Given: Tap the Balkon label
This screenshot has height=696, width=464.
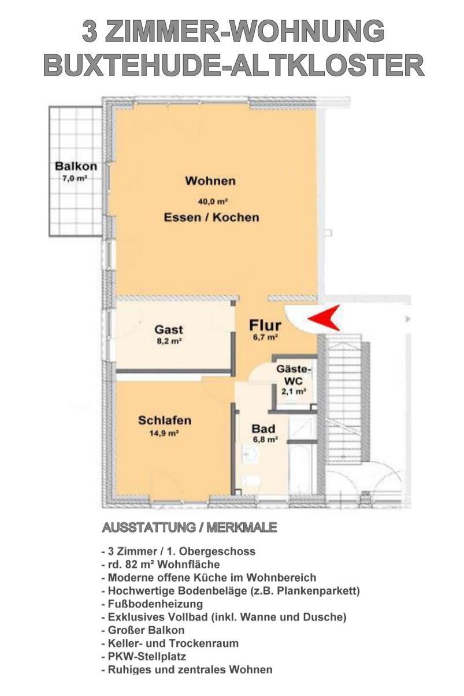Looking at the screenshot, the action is pyautogui.click(x=76, y=166).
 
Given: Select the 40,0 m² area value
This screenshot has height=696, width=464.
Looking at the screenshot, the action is pyautogui.click(x=213, y=202).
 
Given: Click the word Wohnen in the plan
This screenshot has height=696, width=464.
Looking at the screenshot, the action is pyautogui.click(x=210, y=181).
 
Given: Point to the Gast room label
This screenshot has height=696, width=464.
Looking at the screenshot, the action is pyautogui.click(x=169, y=329).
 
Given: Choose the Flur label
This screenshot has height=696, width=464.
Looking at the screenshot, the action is pyautogui.click(x=265, y=325).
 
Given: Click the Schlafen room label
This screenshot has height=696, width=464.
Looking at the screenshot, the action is pyautogui.click(x=165, y=420).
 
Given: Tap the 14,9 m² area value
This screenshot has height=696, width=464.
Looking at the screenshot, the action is pyautogui.click(x=164, y=433).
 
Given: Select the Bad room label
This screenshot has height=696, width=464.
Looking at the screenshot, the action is pyautogui.click(x=263, y=429).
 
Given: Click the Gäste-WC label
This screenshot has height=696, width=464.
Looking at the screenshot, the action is pyautogui.click(x=294, y=375).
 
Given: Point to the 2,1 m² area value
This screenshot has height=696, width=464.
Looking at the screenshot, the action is pyautogui.click(x=294, y=392).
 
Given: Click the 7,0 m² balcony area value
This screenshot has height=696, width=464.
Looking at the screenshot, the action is pyautogui.click(x=75, y=178).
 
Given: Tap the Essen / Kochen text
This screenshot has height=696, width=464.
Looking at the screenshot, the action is pyautogui.click(x=211, y=217).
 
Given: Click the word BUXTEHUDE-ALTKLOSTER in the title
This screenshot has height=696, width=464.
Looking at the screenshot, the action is pyautogui.click(x=233, y=66).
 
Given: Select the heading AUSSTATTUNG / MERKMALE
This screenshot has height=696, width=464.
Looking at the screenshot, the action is pyautogui.click(x=190, y=527).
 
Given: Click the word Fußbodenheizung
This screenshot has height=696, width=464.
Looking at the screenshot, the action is pyautogui.click(x=155, y=604).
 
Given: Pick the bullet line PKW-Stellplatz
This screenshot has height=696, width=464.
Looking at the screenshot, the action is pyautogui.click(x=143, y=657).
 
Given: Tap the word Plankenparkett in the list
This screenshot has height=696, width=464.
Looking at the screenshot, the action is pyautogui.click(x=315, y=591).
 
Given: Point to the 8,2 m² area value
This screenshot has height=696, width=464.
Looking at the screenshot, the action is pyautogui.click(x=169, y=341).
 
